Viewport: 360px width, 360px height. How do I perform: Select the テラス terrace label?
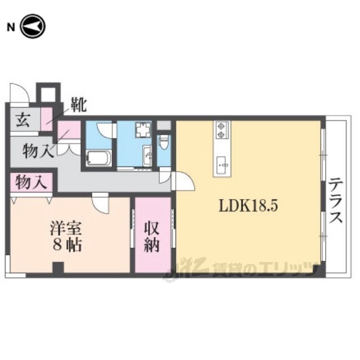336,201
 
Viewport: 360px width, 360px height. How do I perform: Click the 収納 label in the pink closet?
152,236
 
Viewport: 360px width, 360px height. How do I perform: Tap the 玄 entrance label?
22,120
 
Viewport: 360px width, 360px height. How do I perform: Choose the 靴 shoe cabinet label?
77,105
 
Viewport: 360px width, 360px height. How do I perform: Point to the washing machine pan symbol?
142,132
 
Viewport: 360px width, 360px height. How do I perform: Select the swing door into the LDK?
183,181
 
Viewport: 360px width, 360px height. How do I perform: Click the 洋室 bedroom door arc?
100,203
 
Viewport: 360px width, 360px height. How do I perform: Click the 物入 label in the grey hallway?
38,151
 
